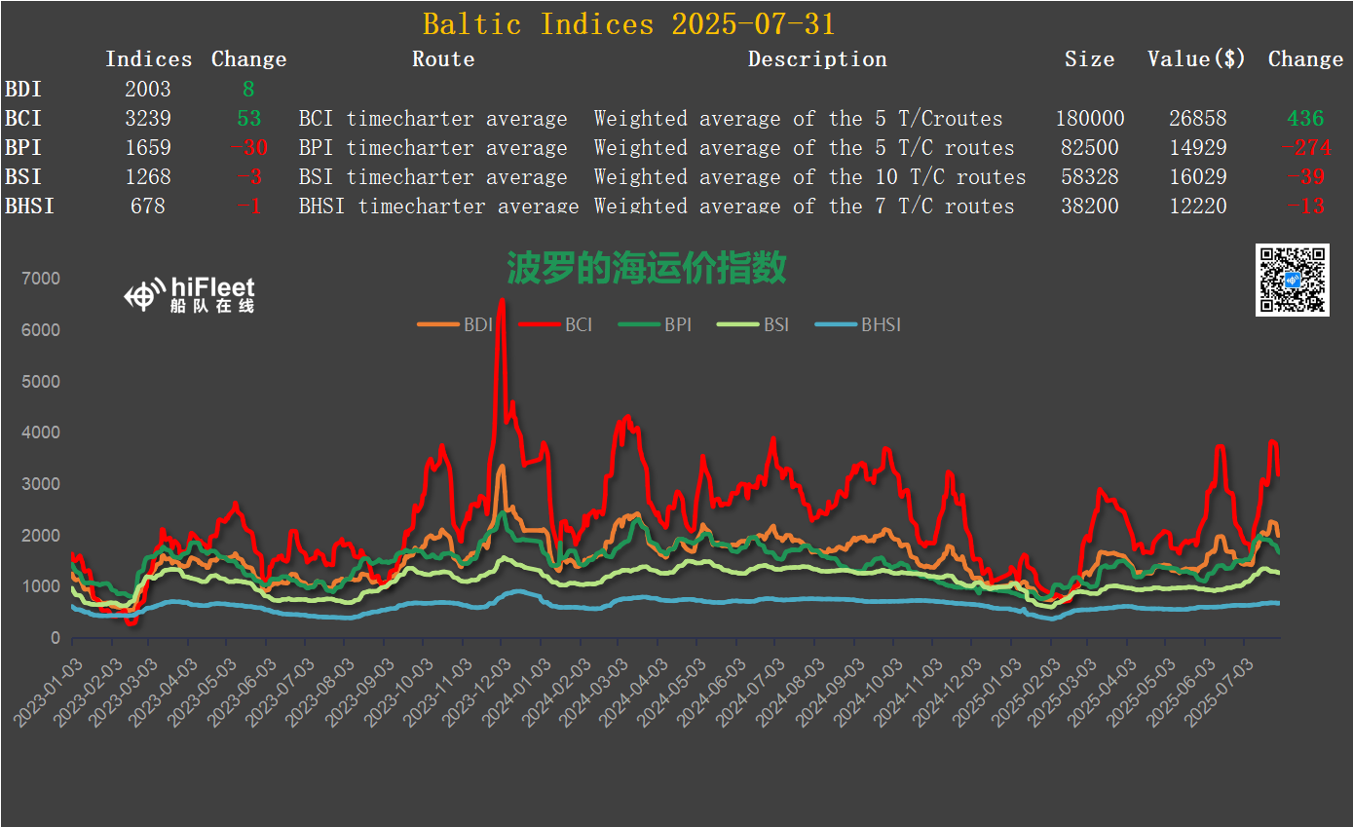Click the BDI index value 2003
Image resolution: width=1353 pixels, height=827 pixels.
coord(148,90)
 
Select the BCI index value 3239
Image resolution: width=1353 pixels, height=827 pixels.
coord(148,119)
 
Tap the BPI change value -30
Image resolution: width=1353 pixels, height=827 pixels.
coord(249,148)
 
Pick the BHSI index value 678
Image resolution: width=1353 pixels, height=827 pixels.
coord(148,207)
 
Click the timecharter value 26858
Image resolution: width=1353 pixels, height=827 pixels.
coord(1198,119)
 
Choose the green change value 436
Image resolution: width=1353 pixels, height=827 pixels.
coord(1305,119)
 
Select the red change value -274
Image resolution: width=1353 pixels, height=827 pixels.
coord(1305,148)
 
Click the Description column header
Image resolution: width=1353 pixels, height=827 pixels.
coord(817,59)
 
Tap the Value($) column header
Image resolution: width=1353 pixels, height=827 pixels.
coord(1196,59)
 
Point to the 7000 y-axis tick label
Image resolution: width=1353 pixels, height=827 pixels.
coord(41,280)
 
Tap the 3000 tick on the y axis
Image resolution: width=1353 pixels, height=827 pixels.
coord(41,484)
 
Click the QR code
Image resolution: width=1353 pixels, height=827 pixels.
coord(1292,281)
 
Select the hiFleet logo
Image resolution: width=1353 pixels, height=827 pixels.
coord(190,293)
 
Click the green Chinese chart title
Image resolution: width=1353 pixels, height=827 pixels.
coord(647,267)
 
